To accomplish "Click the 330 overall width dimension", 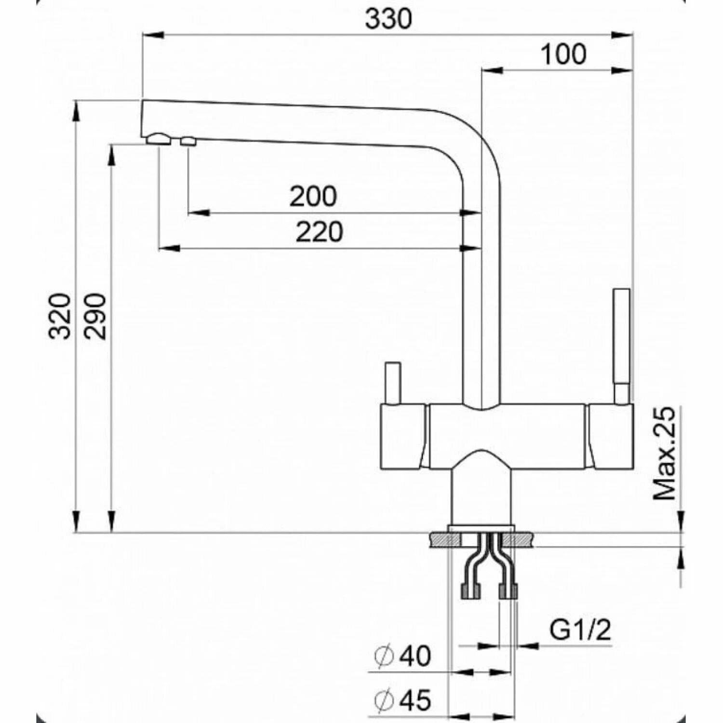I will [x=388, y=19].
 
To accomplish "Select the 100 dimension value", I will [x=563, y=54].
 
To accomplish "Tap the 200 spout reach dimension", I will [x=313, y=197].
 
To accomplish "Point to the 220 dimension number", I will [x=319, y=232].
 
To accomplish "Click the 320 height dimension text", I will [x=61, y=316].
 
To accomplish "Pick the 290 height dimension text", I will [x=94, y=316].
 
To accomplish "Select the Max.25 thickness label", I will [x=664, y=453].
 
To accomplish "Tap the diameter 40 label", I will [x=403, y=656].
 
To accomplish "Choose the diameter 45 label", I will [x=403, y=700].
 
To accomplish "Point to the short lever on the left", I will [x=392, y=383].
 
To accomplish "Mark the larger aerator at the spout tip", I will [x=159, y=139].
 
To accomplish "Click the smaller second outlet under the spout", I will [x=188, y=141].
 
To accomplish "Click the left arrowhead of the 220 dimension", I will [x=169, y=248].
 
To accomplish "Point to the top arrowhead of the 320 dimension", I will [x=76, y=111].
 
